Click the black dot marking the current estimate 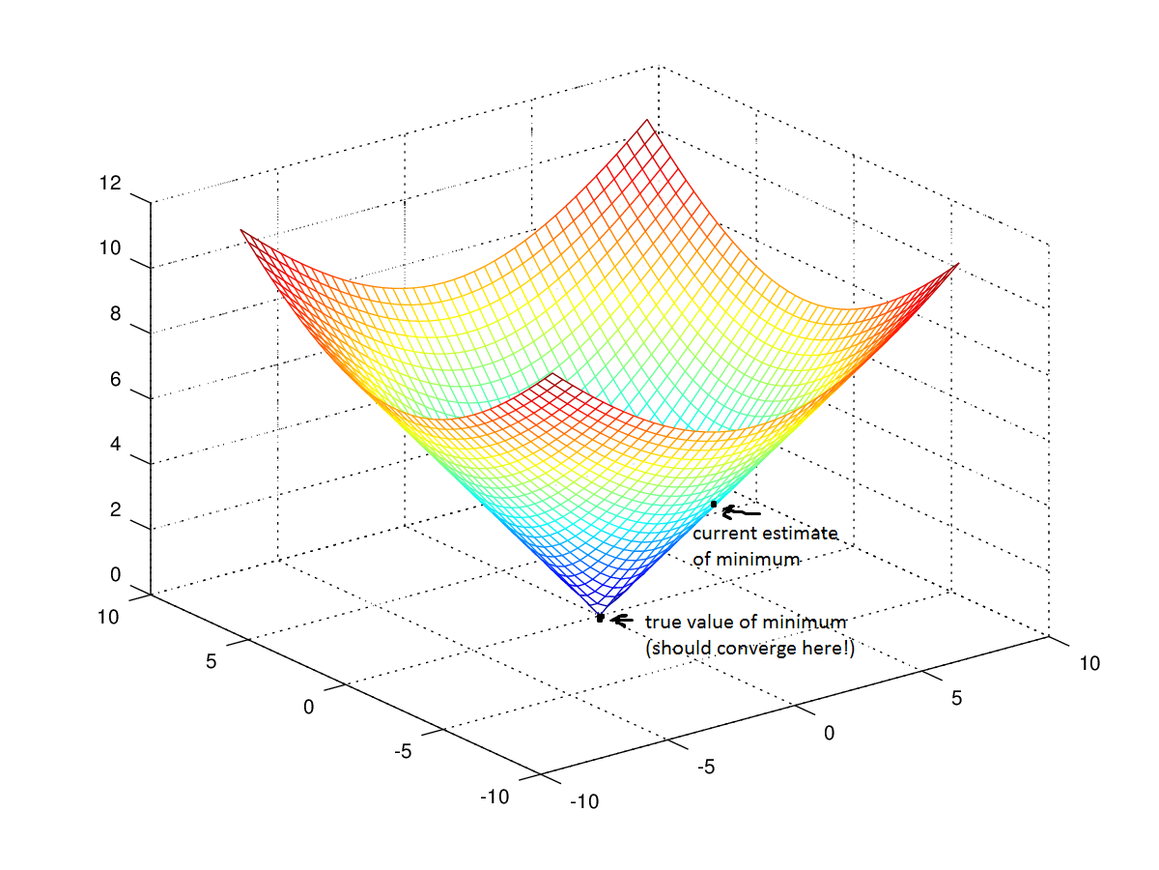(x=714, y=505)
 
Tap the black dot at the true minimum (x=600, y=618)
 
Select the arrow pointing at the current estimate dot (x=741, y=512)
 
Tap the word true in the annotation (x=663, y=622)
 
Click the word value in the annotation (x=714, y=622)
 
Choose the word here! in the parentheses (x=831, y=649)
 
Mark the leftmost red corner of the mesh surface (x=240, y=230)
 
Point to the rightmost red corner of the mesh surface (x=958, y=264)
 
